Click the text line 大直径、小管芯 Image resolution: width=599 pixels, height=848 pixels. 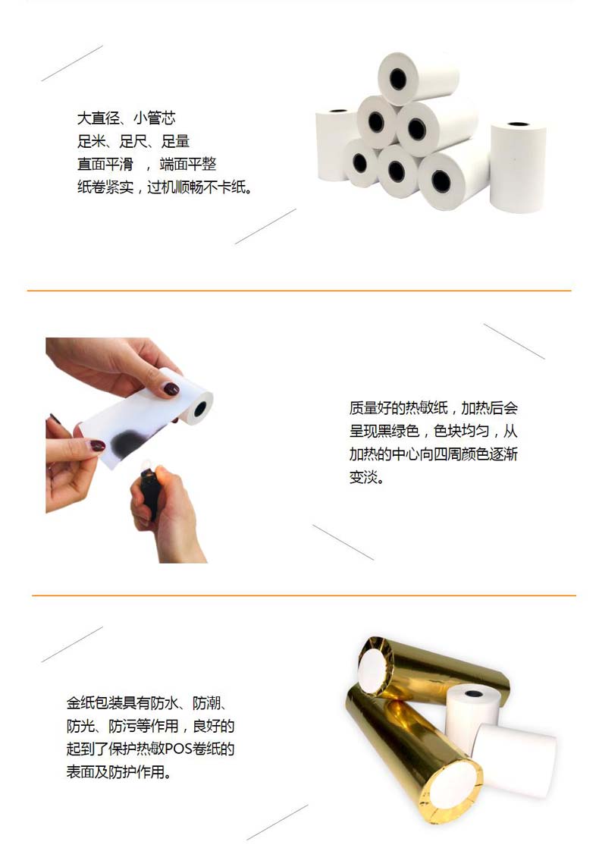[x=126, y=118]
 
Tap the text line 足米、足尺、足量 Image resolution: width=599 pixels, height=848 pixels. [x=133, y=141]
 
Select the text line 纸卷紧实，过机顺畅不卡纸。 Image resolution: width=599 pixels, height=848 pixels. [x=165, y=187]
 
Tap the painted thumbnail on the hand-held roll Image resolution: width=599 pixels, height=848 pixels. [x=171, y=389]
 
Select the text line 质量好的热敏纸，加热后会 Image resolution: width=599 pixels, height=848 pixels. [x=434, y=408]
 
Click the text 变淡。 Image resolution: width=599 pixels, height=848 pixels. [x=366, y=477]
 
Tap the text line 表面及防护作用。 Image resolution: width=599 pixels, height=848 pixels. [x=119, y=771]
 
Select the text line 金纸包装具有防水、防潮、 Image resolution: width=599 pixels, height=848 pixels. [x=147, y=703]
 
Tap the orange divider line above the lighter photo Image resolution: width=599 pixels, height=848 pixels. [x=299, y=291]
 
